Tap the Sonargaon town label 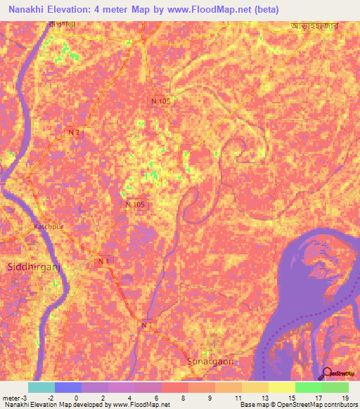coord(210,361)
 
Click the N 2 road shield coord(74,132)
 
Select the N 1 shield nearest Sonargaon coord(146,325)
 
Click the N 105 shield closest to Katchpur coord(136,204)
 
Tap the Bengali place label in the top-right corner coord(314,26)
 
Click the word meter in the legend coord(12,398)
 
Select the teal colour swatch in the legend coord(41,387)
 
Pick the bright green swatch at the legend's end coord(335,387)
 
